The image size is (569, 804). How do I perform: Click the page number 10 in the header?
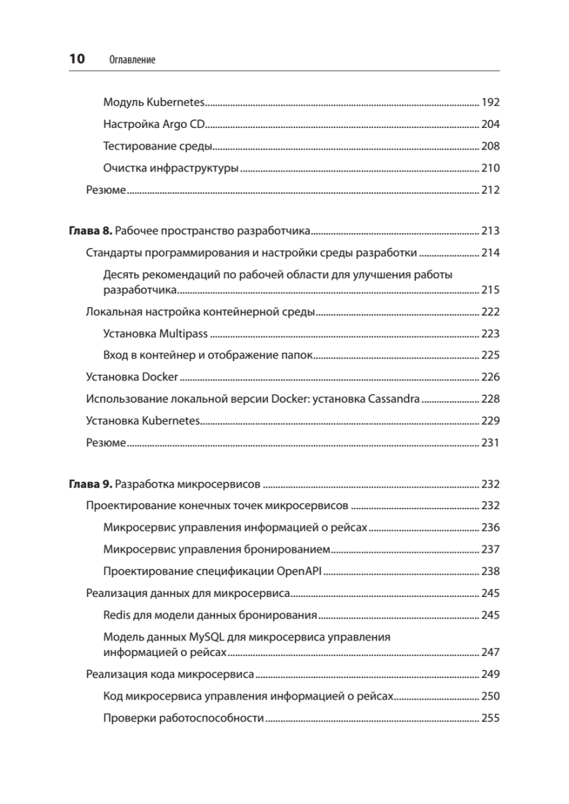[x=77, y=59]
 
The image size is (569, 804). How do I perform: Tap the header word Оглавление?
[x=132, y=60]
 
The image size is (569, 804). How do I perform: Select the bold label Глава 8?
[x=91, y=232]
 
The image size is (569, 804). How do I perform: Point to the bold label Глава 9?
[x=91, y=484]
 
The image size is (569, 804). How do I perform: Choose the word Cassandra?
[x=393, y=399]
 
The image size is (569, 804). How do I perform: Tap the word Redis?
[x=117, y=615]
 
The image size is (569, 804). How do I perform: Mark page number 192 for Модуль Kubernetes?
[x=491, y=103]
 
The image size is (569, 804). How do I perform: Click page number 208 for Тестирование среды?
[x=491, y=146]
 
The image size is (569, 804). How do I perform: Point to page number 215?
[x=491, y=290]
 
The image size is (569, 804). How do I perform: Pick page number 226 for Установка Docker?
[x=491, y=377]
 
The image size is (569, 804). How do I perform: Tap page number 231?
[x=491, y=443]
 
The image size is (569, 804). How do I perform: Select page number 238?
[x=491, y=572]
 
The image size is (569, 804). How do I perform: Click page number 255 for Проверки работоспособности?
[x=491, y=719]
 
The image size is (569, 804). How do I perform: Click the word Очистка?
[x=123, y=168]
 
